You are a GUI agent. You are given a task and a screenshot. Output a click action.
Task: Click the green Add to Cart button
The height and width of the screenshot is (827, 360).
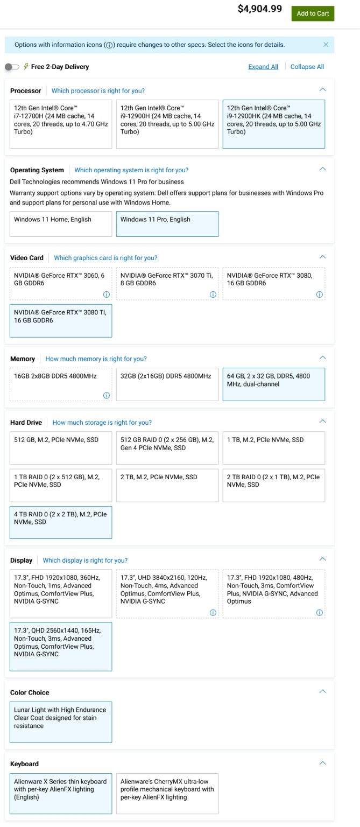tap(313, 13)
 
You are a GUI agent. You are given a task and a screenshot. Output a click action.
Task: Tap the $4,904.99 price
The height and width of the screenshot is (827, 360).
tap(259, 9)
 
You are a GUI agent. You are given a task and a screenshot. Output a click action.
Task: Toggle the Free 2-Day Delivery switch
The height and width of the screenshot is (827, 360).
tap(11, 67)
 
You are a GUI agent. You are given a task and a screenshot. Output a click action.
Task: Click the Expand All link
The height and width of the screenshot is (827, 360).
tap(263, 67)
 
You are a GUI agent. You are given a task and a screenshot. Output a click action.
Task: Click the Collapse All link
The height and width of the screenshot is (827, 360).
tap(307, 67)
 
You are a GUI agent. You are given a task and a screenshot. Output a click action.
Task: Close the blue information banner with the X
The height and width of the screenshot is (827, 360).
tap(326, 45)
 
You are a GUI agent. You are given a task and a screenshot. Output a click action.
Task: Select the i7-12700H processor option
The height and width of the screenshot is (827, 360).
tap(61, 124)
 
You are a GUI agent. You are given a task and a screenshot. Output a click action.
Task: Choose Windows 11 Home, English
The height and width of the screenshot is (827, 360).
tap(61, 223)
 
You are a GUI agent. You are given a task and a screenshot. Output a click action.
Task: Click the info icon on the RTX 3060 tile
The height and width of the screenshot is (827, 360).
tap(107, 295)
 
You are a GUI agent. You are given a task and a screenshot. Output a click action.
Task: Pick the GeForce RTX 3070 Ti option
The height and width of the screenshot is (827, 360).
tap(167, 284)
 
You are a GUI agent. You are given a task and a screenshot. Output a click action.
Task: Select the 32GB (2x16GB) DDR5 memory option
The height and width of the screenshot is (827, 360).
tap(167, 384)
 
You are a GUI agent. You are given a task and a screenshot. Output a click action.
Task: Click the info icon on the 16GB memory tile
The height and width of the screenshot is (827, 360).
tap(107, 396)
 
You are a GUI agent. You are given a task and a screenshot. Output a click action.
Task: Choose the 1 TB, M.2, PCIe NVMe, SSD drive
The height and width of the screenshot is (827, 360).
tap(274, 447)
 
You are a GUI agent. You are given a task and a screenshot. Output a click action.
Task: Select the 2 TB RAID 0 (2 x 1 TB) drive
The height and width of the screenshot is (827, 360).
tap(274, 485)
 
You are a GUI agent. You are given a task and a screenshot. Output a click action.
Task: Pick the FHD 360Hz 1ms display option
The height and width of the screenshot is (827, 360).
tap(61, 594)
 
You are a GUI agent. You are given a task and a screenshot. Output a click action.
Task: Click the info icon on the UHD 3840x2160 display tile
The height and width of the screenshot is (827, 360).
tap(213, 613)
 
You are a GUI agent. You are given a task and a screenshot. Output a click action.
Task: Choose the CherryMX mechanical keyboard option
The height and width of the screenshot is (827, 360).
tap(167, 794)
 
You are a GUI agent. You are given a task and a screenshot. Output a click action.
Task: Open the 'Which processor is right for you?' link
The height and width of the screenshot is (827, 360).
tap(98, 91)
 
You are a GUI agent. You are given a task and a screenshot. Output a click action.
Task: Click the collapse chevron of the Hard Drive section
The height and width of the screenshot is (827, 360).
tap(322, 422)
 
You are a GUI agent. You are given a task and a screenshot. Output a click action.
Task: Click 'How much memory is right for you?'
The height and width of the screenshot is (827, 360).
tap(96, 359)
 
